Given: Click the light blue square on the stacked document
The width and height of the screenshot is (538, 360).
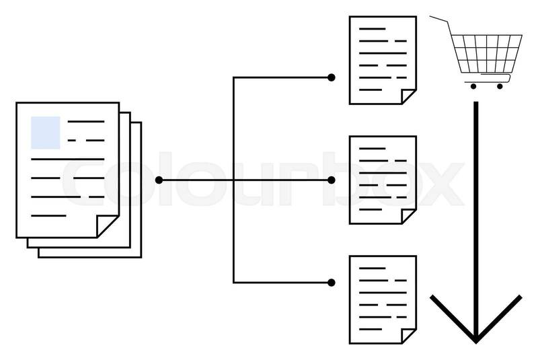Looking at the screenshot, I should [x=46, y=132].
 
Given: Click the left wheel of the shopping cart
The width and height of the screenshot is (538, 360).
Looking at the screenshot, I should [x=473, y=86].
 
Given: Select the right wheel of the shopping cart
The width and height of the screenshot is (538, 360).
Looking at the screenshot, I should [x=499, y=86].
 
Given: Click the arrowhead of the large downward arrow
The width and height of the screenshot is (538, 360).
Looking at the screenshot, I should [x=475, y=323].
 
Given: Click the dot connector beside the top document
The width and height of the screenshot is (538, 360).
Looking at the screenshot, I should [x=331, y=77].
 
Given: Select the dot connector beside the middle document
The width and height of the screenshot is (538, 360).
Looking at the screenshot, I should [x=331, y=180].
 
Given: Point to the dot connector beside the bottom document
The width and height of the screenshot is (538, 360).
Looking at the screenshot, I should [x=331, y=282].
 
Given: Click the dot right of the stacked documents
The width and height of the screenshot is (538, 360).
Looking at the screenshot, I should [x=159, y=180].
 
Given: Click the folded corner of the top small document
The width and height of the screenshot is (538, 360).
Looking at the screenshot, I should [x=408, y=96].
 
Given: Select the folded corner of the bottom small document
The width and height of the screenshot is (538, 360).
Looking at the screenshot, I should [x=408, y=334].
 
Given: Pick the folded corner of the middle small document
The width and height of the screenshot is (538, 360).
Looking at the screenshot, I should [x=408, y=215].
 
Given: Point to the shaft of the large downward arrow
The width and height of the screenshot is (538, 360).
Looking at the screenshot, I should [x=475, y=202].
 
